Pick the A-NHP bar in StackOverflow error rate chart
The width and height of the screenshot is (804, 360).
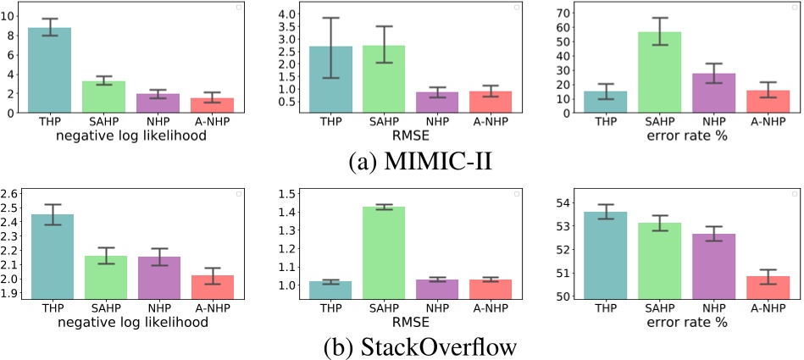(768, 286)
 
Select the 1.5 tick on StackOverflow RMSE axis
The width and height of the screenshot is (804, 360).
(287, 194)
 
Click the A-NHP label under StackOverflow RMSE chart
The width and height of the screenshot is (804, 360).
(491, 307)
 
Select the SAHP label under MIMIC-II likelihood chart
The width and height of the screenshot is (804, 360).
(103, 120)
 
